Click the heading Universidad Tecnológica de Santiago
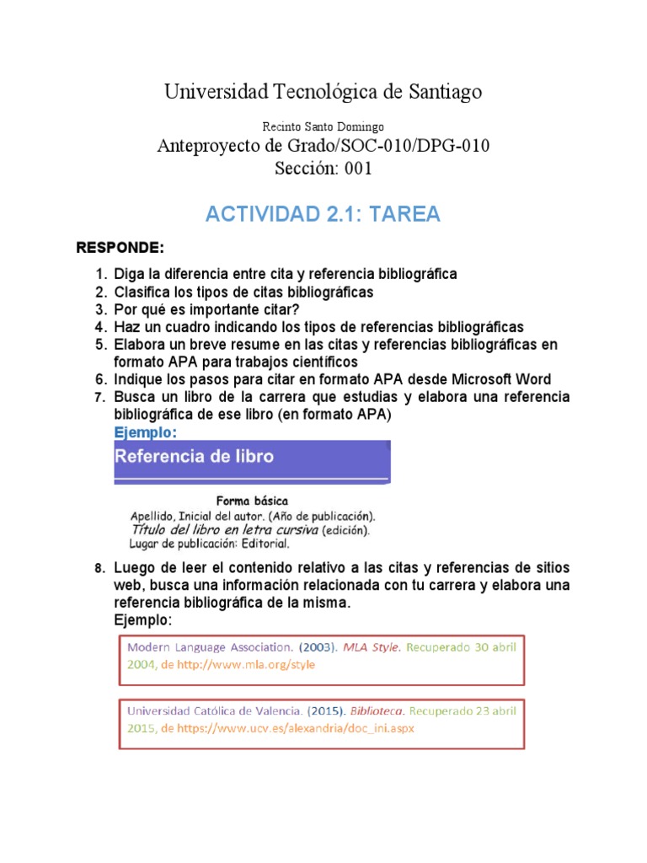[x=323, y=92]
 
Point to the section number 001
[x=354, y=168]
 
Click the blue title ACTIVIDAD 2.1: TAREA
[x=323, y=214]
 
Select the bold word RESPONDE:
[x=120, y=248]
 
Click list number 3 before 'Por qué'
[x=100, y=309]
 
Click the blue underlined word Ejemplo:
[x=146, y=432]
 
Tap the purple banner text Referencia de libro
[x=194, y=457]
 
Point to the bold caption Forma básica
[x=252, y=500]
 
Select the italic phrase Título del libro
[x=180, y=530]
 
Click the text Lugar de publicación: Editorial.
[x=209, y=544]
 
